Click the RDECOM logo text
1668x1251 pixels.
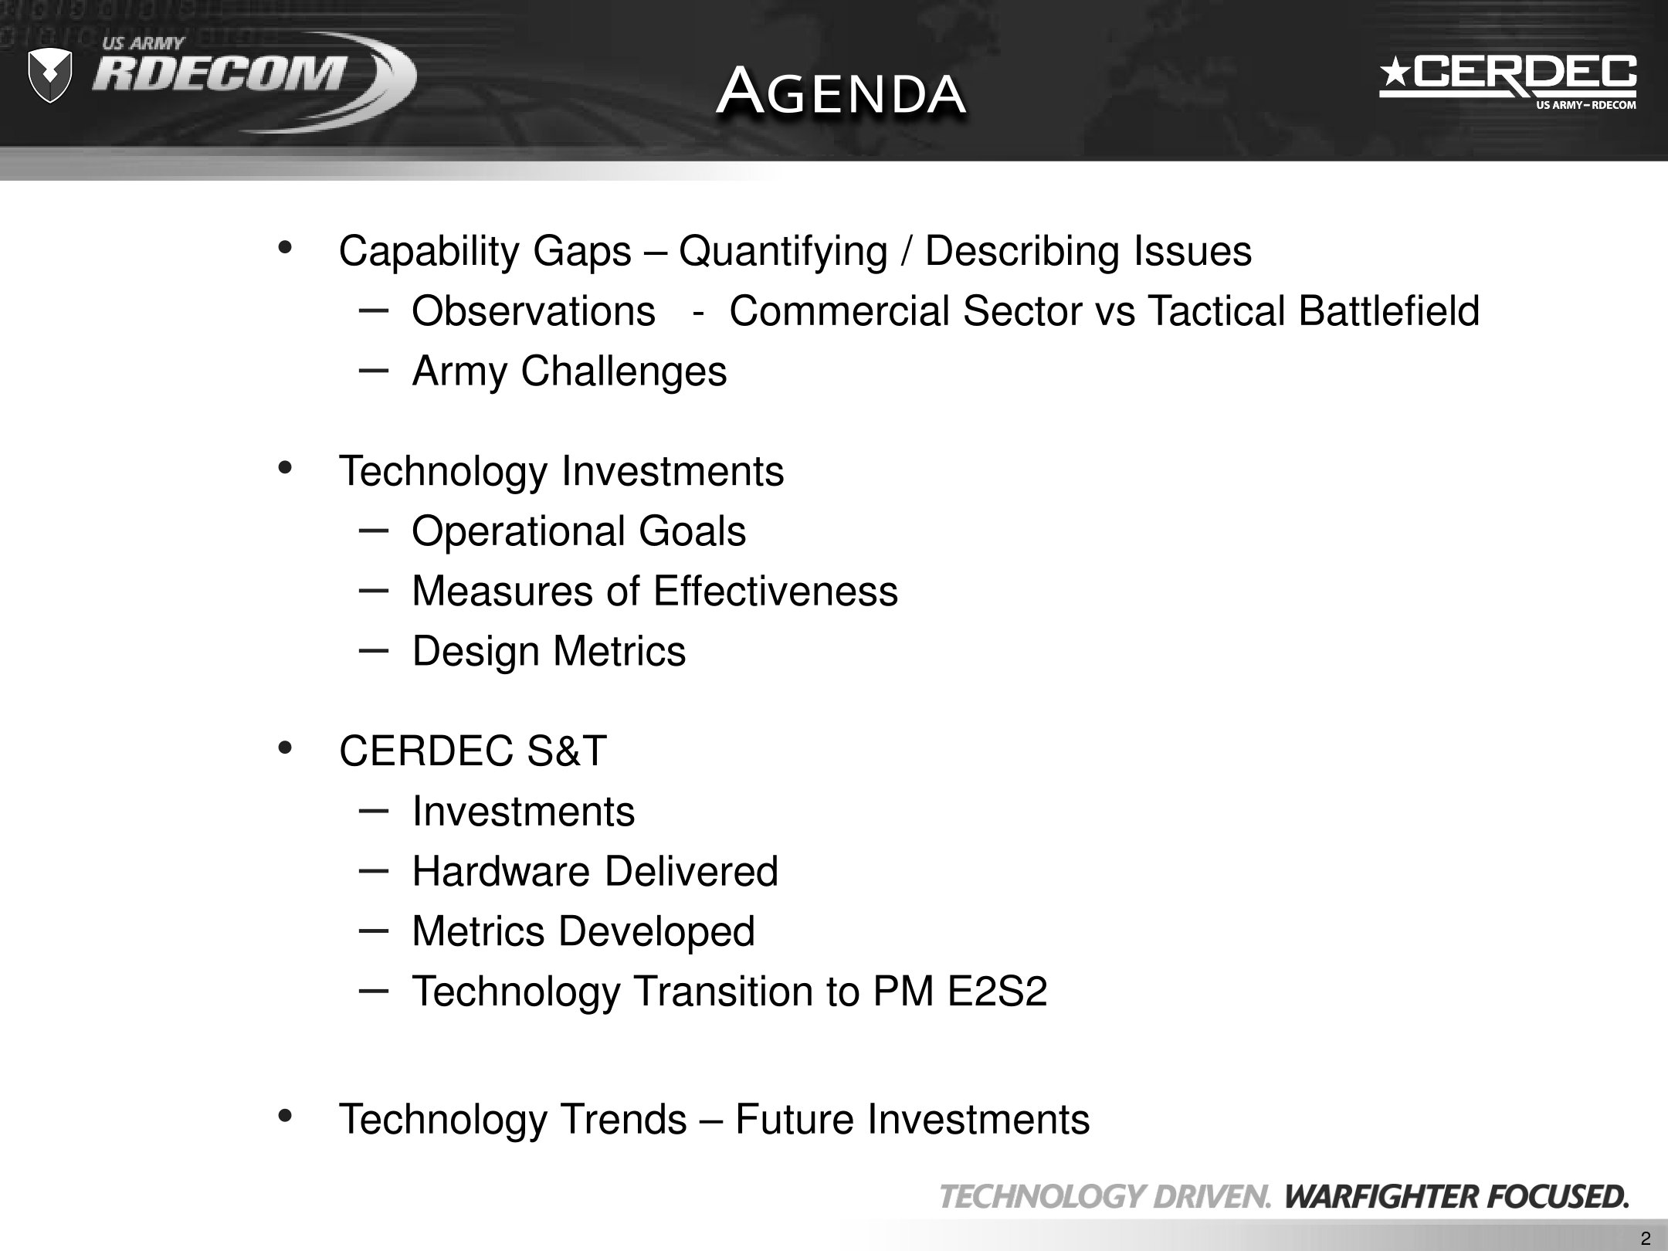pos(219,74)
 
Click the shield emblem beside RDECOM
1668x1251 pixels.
pos(49,75)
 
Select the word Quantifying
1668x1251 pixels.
pos(783,253)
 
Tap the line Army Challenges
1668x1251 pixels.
pos(569,371)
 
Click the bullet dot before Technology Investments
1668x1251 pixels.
pos(285,467)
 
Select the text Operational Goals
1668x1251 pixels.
pos(579,532)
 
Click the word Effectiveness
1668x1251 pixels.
pos(775,592)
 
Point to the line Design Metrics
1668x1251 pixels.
pos(549,651)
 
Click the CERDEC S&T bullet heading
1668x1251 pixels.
pos(473,751)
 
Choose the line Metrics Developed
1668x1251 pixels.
pos(583,931)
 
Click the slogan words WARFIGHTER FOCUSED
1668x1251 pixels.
pos(1456,1197)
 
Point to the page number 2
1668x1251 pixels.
pos(1646,1239)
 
